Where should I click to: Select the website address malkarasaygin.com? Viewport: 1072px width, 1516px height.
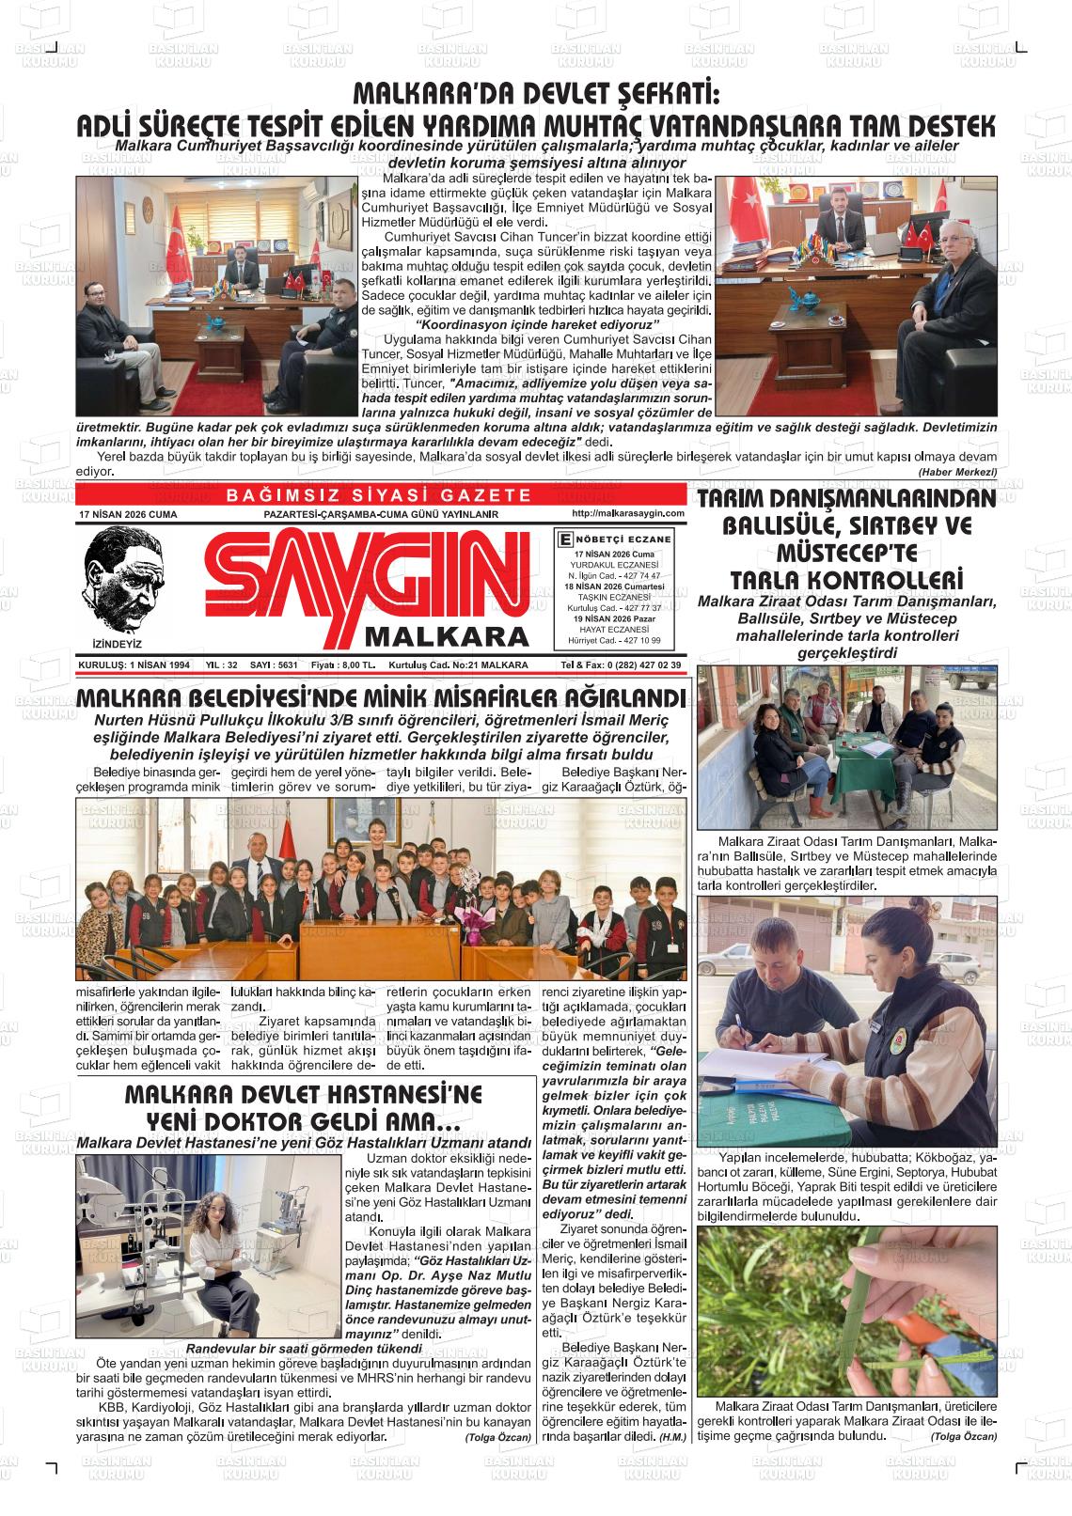click(627, 514)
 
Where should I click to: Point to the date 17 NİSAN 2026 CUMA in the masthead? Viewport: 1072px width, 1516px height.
click(129, 515)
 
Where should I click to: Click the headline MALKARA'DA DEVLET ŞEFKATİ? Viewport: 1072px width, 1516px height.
click(535, 95)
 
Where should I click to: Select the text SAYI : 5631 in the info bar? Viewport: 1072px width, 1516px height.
click(274, 664)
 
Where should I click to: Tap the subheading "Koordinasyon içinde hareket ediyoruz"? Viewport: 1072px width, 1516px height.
click(534, 324)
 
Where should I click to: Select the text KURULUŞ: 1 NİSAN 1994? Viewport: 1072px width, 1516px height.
click(134, 664)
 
